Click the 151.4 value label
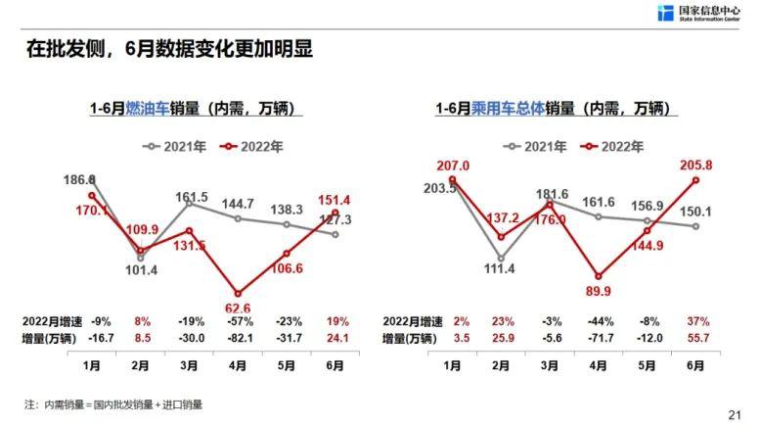coord(335,200)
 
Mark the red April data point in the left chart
coord(238,293)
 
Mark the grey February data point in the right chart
coord(501,260)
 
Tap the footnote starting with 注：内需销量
coord(112,403)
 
